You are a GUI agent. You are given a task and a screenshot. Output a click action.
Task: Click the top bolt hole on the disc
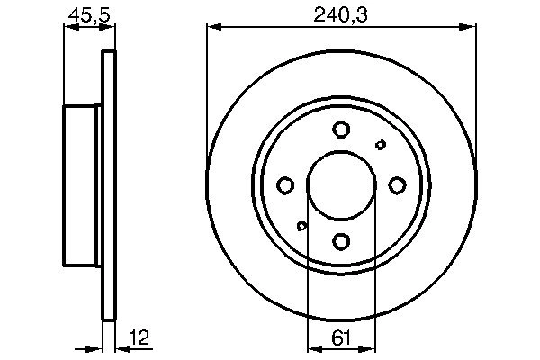coord(341,130)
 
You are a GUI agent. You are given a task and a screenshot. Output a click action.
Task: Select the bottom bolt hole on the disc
coord(341,241)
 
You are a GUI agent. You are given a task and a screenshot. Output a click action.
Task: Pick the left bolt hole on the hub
coord(285,185)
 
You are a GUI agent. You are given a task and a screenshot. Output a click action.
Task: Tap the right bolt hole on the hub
coord(397,185)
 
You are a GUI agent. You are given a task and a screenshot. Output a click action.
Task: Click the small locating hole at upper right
coord(381,145)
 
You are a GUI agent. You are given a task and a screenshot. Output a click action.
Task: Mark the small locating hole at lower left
coord(301,225)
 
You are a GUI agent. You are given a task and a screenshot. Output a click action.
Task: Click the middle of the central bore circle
coord(341,185)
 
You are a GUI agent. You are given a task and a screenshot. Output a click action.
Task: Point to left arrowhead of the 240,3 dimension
coord(212,27)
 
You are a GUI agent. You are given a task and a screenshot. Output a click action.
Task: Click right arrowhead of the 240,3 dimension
coord(471,27)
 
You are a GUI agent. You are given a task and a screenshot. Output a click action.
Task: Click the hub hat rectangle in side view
coord(82,184)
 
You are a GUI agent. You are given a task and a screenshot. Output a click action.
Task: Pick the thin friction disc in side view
coord(110,184)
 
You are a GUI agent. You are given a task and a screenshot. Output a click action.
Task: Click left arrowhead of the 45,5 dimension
coord(67,27)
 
